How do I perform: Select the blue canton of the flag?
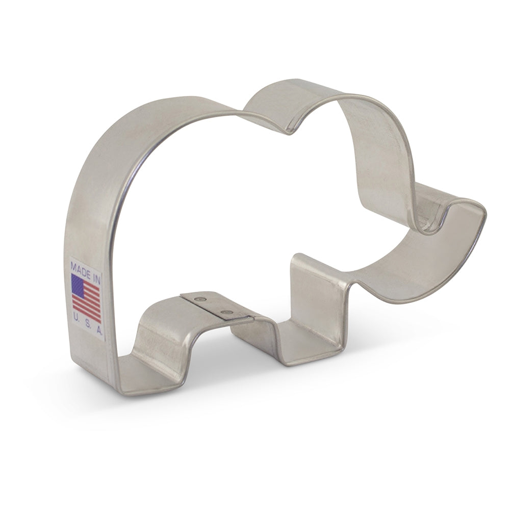(x=78, y=285)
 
